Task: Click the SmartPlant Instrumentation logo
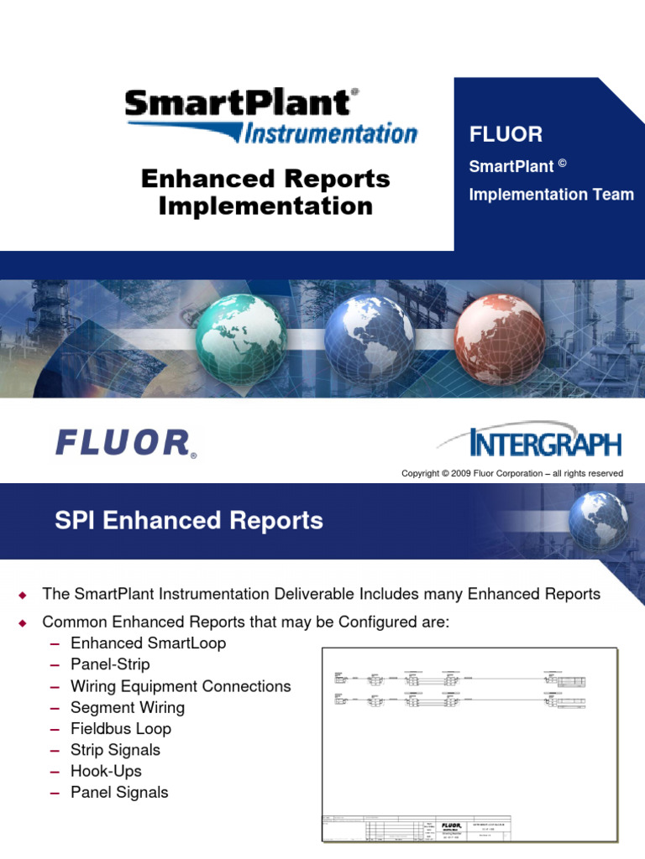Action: click(x=270, y=117)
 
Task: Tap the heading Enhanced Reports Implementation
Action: click(x=265, y=192)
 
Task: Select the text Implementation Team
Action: click(x=551, y=195)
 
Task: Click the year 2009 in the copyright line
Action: click(x=464, y=474)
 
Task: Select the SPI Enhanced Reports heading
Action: click(x=189, y=521)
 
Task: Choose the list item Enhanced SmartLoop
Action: click(x=149, y=643)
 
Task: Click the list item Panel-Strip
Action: click(x=111, y=664)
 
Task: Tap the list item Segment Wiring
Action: click(x=128, y=707)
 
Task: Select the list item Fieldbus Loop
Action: click(x=121, y=729)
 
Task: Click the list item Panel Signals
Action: click(x=119, y=793)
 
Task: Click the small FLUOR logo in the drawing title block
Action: click(x=452, y=825)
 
